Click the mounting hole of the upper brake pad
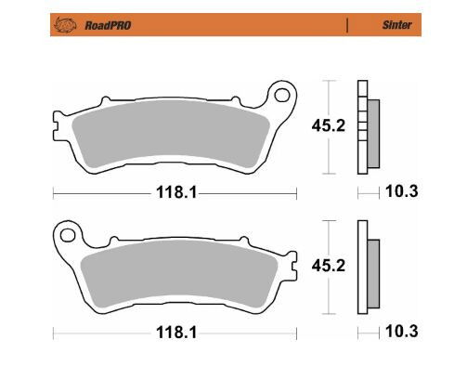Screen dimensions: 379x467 279,93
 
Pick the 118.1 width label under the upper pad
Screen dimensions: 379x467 173,192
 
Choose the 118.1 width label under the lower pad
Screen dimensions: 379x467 173,331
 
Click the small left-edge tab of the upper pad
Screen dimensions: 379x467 57,121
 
